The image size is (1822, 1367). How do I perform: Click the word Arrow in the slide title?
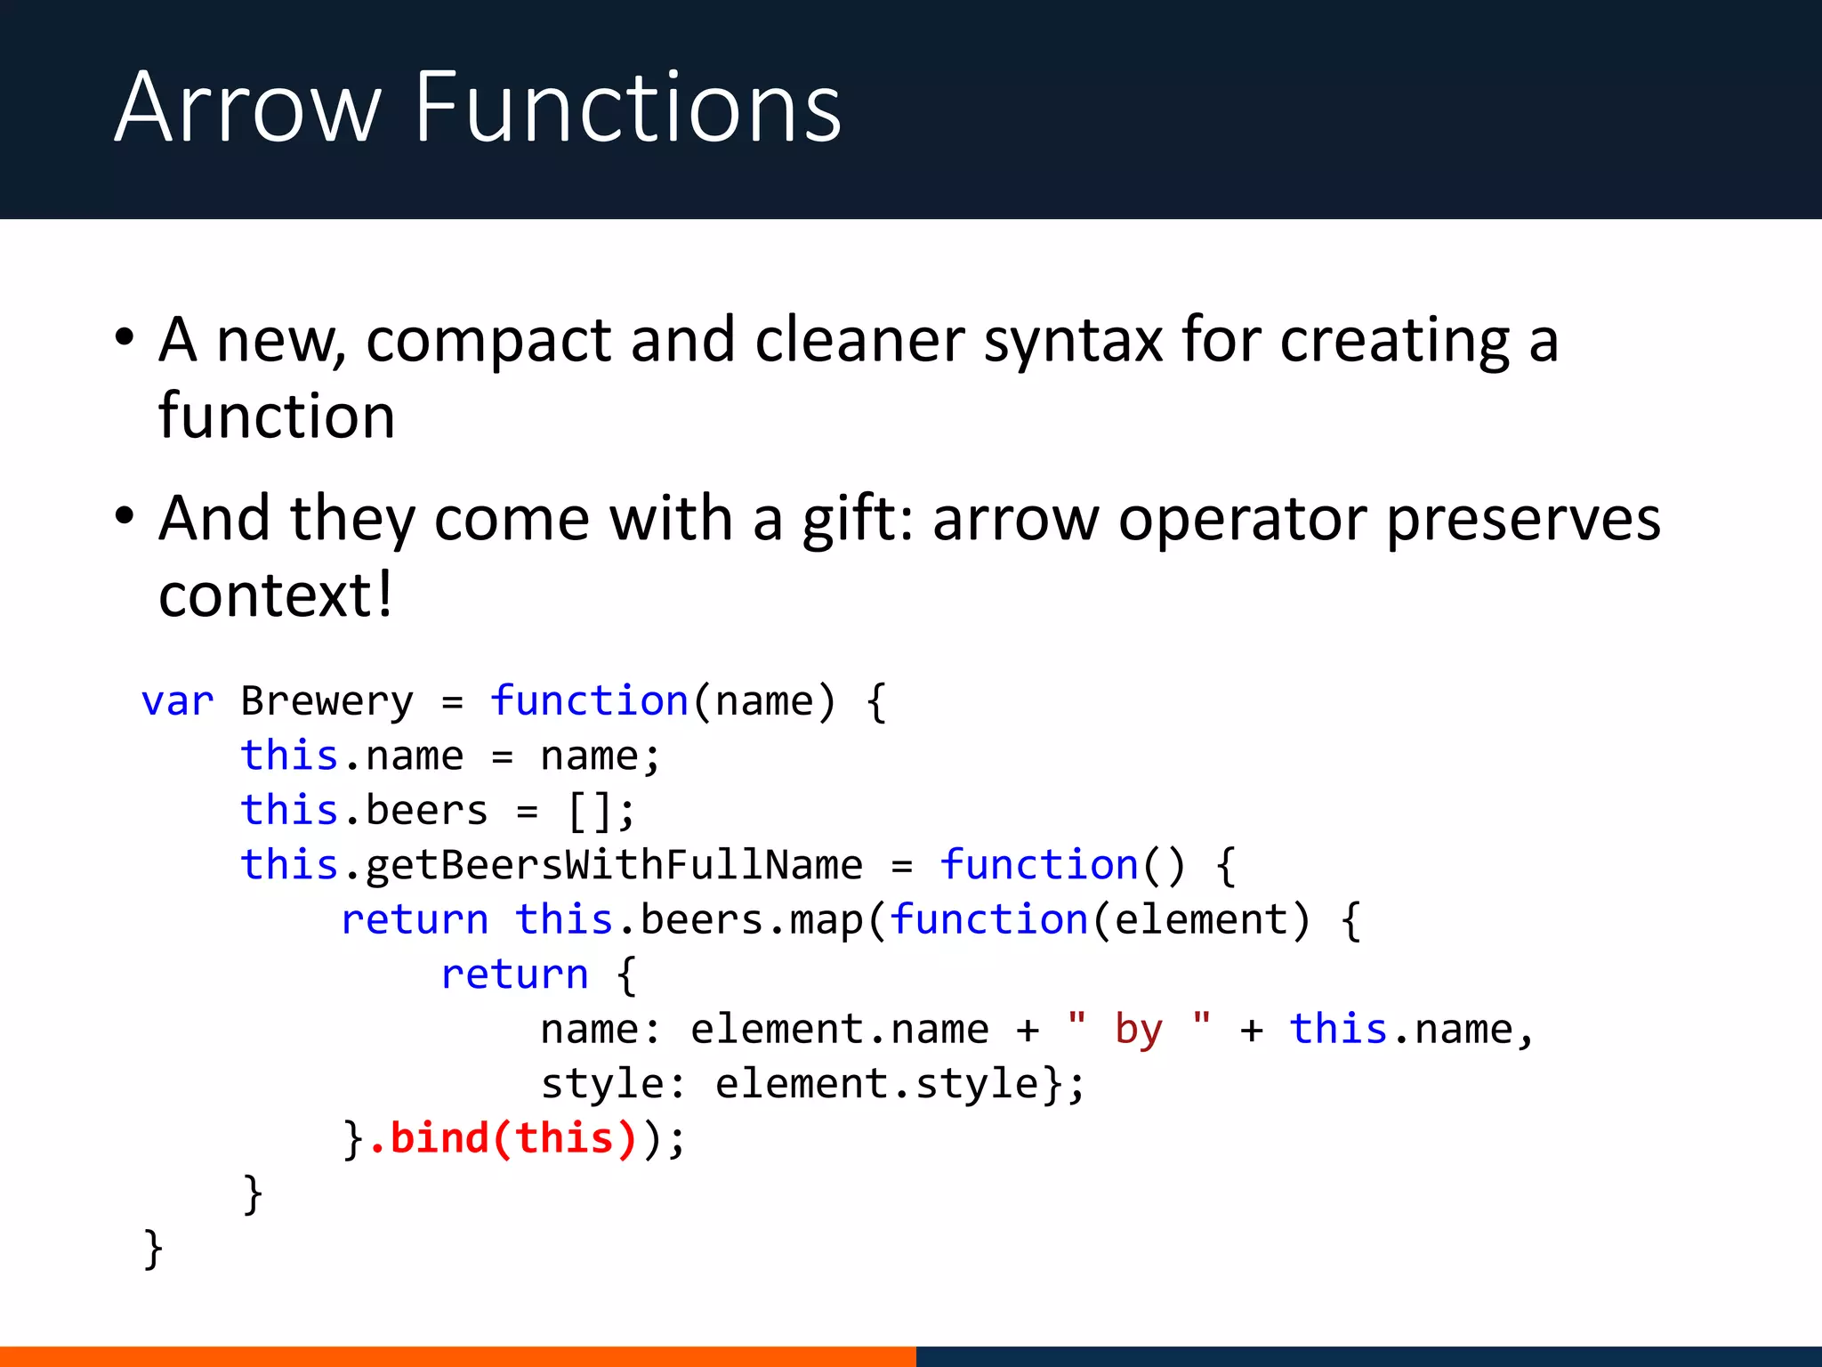tap(248, 109)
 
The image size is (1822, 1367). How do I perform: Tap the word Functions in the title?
tap(627, 109)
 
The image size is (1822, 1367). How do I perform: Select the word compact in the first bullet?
tap(488, 341)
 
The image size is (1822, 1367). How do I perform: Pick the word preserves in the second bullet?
tap(1522, 521)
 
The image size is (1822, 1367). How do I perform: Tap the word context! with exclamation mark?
tap(275, 595)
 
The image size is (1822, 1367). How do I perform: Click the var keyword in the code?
tap(177, 701)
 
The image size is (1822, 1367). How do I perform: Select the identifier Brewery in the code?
tap(327, 701)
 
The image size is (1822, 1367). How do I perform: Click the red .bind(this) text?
tap(503, 1138)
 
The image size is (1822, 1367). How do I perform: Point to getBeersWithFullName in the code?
tap(614, 865)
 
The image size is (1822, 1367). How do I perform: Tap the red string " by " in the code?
tap(1139, 1030)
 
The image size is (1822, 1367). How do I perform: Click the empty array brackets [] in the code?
tap(588, 811)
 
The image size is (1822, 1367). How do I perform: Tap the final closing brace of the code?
tap(153, 1248)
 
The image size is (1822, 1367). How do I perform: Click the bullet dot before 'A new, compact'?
tap(125, 339)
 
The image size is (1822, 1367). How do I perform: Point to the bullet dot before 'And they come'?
tap(125, 517)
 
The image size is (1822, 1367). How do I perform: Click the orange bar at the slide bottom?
tap(457, 1356)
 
